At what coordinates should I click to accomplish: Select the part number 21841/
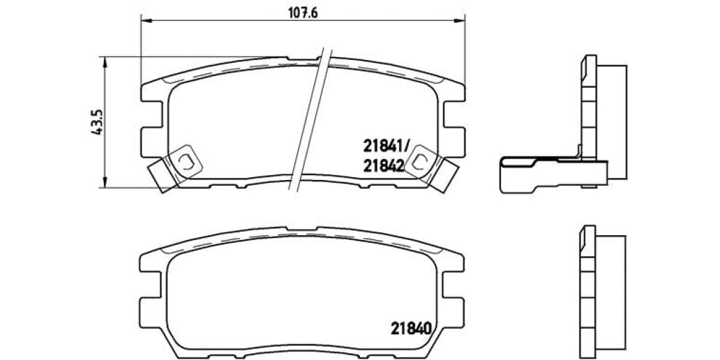tap(386, 145)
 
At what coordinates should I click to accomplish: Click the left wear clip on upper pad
tap(185, 160)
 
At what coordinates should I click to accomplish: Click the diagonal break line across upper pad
tap(311, 120)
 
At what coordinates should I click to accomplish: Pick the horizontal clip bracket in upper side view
tap(540, 175)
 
